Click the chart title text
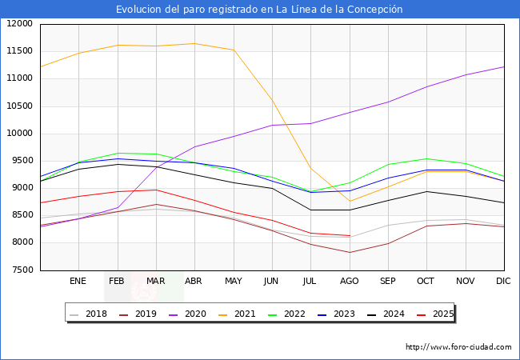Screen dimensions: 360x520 tap(259, 10)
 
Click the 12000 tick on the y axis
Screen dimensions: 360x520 tap(19, 24)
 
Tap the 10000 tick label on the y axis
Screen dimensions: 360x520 tap(19, 134)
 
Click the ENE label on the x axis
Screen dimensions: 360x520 tap(78, 281)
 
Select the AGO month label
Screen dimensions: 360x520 tap(349, 281)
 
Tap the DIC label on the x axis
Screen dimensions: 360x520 tap(503, 281)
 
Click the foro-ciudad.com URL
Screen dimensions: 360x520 tap(458, 347)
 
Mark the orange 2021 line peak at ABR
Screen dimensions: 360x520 tap(194, 43)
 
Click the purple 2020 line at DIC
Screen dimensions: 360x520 tap(503, 66)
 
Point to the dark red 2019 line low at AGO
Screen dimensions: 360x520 tap(349, 253)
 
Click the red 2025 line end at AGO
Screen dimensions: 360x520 tap(349, 235)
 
